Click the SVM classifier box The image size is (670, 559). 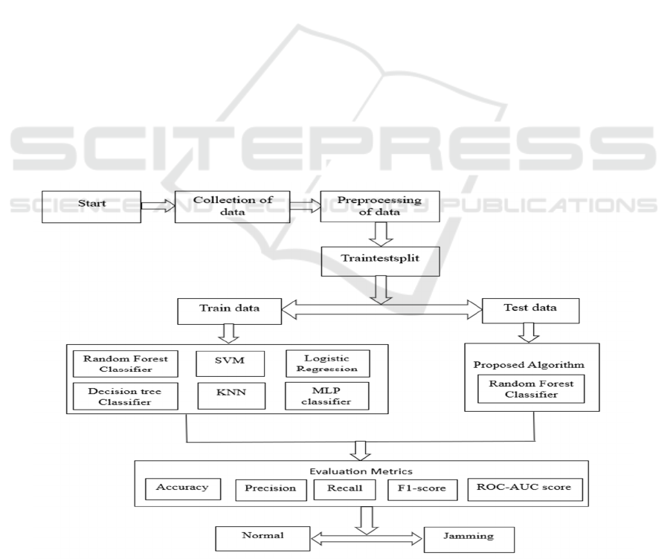click(x=229, y=364)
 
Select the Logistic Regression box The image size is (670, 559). click(x=327, y=364)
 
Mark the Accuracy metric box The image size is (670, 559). click(x=183, y=489)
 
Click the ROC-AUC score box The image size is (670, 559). click(x=526, y=489)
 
